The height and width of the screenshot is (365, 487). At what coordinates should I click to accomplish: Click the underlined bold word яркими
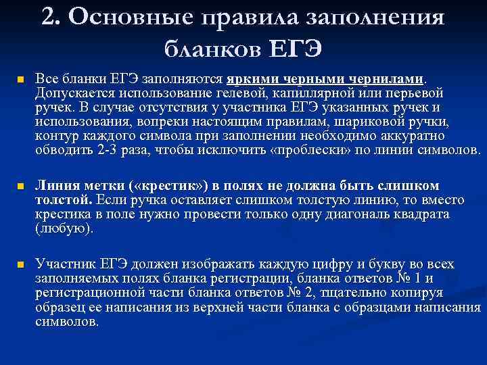point(255,78)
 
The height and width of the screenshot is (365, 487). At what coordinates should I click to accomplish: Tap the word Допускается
point(72,93)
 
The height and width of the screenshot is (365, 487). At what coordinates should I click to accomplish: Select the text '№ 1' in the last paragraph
point(410,278)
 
